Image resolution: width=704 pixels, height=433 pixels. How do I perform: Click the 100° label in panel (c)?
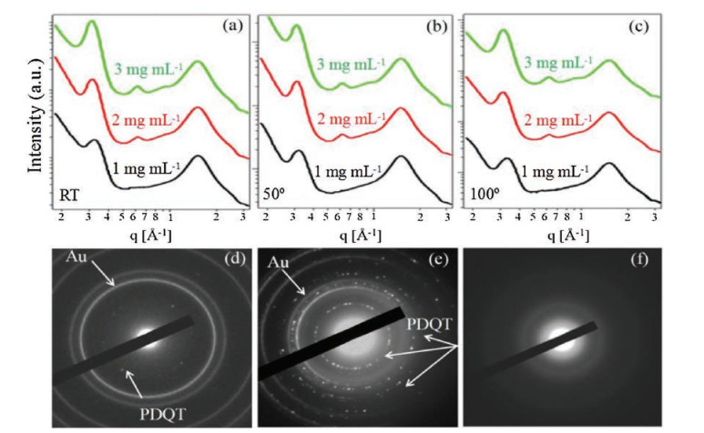pyautogui.click(x=485, y=193)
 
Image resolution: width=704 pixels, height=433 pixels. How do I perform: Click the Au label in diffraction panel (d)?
pyautogui.click(x=78, y=258)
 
